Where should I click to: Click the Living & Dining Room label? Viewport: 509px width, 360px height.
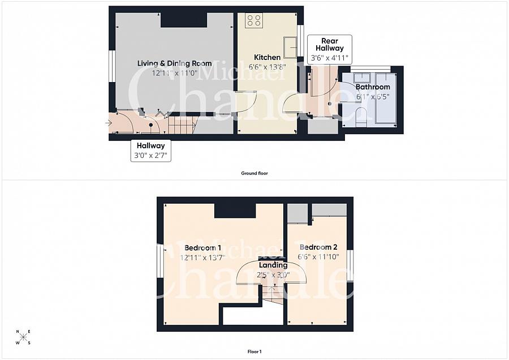(174, 63)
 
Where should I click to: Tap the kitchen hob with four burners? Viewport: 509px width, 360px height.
(254, 20)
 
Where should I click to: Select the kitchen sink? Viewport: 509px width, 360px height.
(290, 48)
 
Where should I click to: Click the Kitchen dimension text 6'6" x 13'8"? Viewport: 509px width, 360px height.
(267, 67)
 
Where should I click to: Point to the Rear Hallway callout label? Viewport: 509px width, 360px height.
(330, 45)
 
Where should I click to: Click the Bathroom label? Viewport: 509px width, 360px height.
(373, 87)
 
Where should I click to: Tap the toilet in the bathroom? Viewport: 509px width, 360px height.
(361, 117)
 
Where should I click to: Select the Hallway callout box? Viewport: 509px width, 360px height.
(150, 151)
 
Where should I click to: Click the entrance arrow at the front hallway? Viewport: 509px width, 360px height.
(109, 123)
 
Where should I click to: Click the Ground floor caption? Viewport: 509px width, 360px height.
(255, 173)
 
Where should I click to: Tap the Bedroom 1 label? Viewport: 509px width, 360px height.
(202, 248)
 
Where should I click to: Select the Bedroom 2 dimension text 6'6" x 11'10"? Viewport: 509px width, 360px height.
(318, 256)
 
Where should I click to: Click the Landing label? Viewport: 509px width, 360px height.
(273, 265)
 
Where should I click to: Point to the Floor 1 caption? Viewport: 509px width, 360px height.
(255, 352)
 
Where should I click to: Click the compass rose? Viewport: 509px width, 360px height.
(23, 337)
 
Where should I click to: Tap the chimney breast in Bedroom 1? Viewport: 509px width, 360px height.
(235, 211)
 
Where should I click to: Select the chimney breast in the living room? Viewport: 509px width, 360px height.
(184, 20)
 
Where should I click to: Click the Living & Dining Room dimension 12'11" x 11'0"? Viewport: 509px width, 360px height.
(174, 73)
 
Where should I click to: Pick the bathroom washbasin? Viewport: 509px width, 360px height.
(361, 78)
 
